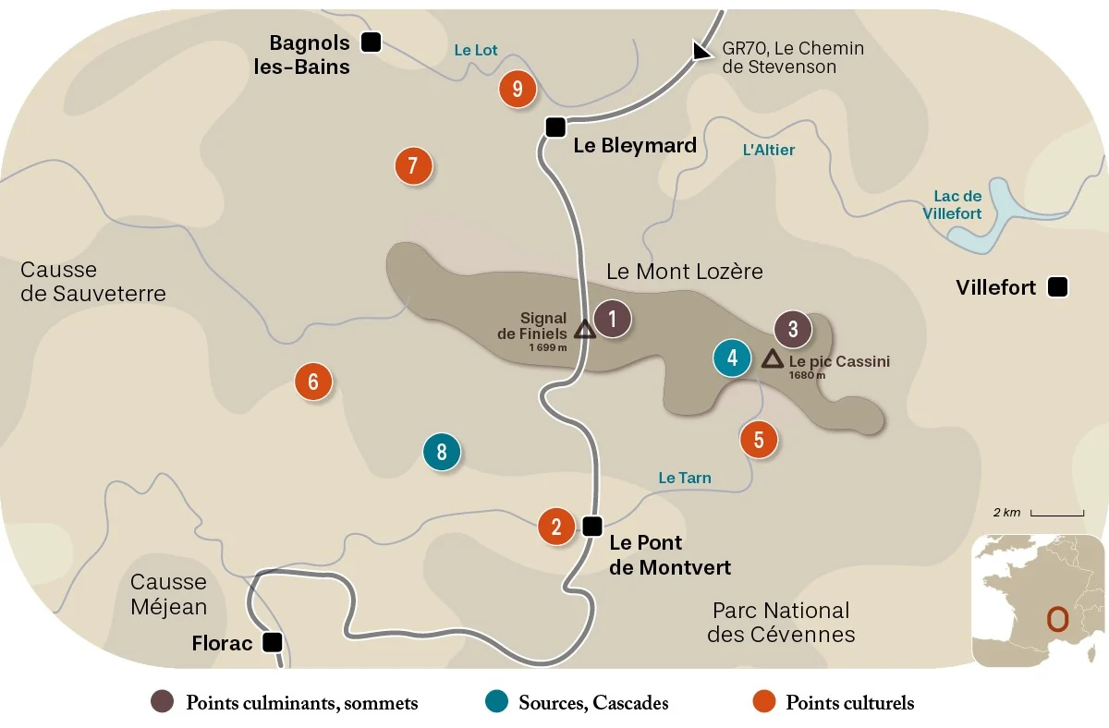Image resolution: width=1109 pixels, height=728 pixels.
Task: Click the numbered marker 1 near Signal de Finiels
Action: (612, 320)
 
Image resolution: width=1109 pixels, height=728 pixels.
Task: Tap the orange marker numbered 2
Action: (556, 527)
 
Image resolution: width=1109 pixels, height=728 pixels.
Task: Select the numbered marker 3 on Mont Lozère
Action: (793, 329)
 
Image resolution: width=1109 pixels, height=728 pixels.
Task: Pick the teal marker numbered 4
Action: (732, 358)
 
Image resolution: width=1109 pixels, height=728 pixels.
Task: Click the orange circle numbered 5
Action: (759, 440)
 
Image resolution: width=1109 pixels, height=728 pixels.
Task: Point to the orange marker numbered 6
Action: (313, 382)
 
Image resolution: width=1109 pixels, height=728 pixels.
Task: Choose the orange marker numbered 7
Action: (413, 167)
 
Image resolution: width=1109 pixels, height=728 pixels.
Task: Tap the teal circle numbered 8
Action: (442, 452)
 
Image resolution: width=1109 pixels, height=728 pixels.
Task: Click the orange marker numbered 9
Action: (518, 90)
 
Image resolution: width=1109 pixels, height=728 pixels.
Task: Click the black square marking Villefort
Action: (1058, 287)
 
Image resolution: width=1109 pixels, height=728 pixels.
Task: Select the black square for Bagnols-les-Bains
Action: (371, 42)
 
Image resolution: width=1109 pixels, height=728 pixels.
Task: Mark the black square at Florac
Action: (272, 642)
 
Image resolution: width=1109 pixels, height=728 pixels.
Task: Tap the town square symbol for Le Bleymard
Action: (554, 127)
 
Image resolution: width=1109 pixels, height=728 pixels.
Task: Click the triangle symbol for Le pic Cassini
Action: (772, 358)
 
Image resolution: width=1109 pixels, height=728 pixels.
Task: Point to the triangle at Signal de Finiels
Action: (584, 329)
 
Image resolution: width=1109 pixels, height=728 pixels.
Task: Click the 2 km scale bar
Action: (1057, 513)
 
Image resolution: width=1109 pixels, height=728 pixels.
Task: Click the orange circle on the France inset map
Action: (1057, 618)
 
